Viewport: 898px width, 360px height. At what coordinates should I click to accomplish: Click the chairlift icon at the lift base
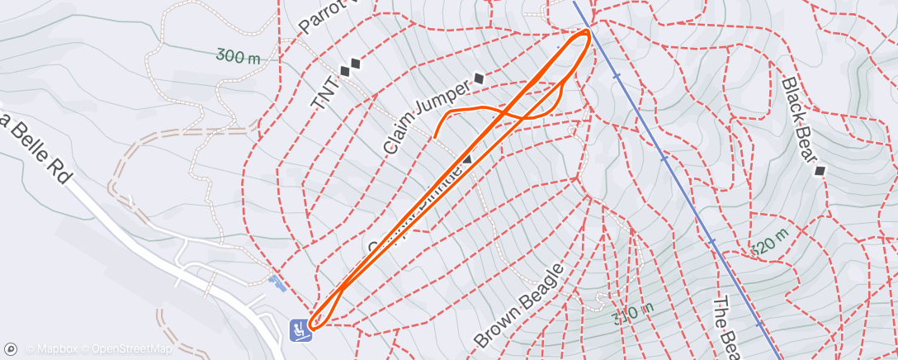[298, 329]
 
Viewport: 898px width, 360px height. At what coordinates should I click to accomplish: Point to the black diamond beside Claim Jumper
[479, 79]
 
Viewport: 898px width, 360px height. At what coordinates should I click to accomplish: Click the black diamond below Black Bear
[820, 171]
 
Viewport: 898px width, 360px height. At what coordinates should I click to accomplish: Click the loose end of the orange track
[435, 136]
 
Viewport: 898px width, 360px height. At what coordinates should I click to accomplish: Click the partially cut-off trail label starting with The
[725, 326]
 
